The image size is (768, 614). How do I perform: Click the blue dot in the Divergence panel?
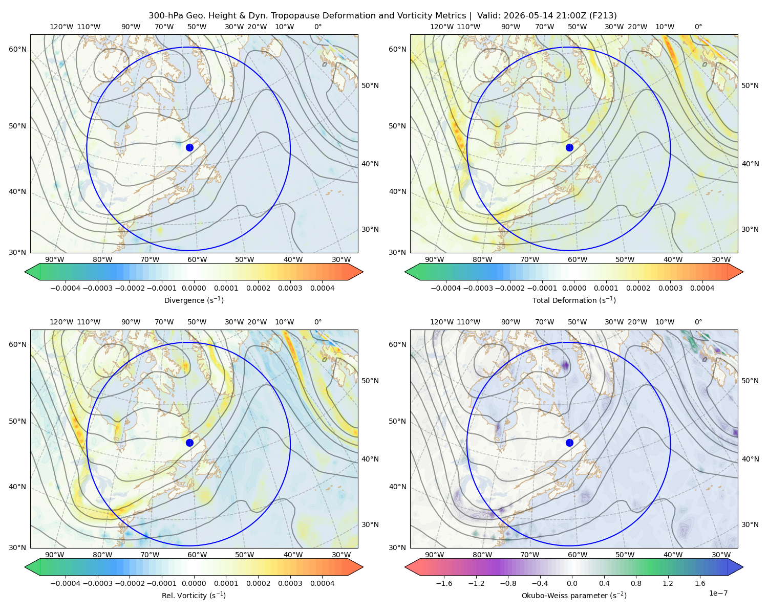click(x=189, y=147)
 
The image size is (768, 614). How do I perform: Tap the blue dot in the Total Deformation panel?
click(x=569, y=147)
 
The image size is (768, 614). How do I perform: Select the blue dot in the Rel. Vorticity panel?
click(x=189, y=443)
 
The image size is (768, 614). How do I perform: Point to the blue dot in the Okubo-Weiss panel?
click(x=569, y=443)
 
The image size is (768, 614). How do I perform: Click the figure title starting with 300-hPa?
click(x=382, y=15)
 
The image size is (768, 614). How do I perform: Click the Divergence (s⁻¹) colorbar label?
click(x=194, y=300)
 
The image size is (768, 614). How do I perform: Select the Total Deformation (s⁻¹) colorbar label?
click(x=574, y=300)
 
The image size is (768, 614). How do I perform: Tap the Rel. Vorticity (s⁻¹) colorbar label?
click(x=194, y=595)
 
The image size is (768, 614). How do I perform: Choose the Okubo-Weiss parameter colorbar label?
click(x=574, y=595)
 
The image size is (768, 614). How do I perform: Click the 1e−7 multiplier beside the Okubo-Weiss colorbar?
click(x=718, y=593)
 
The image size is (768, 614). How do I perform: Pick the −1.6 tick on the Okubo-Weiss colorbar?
click(x=444, y=583)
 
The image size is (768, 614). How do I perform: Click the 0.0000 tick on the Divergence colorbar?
click(x=194, y=288)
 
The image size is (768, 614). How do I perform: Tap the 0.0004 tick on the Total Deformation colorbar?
click(x=702, y=288)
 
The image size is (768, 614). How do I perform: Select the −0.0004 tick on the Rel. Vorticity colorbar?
click(x=66, y=583)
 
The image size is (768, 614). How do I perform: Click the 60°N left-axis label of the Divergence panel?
click(x=17, y=49)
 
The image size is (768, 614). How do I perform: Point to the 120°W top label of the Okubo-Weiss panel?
click(x=441, y=321)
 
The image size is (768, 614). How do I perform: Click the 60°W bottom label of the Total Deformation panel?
click(x=577, y=259)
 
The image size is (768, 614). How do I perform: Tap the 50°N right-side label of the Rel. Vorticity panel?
click(x=370, y=380)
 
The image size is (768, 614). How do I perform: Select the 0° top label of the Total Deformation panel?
click(x=698, y=27)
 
